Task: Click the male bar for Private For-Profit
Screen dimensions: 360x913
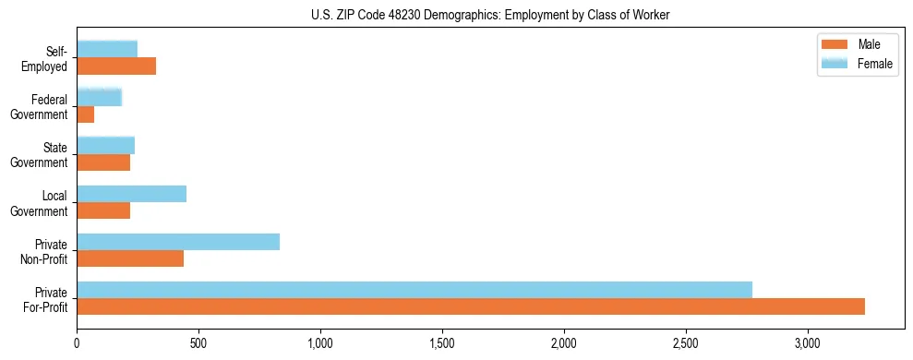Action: click(471, 306)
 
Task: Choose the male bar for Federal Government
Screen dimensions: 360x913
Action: click(86, 114)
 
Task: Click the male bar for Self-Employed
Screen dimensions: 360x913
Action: click(116, 66)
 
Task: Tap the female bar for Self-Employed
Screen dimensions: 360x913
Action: click(107, 49)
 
